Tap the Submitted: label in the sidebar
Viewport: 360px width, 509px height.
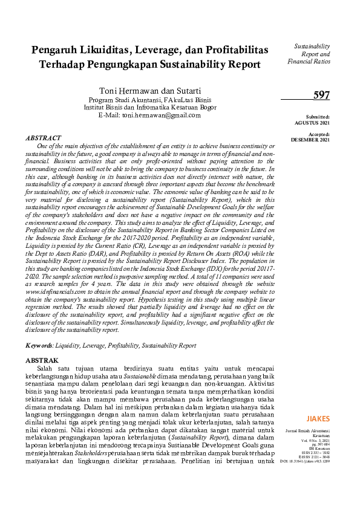point(318,117)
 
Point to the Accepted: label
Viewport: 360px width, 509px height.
point(319,134)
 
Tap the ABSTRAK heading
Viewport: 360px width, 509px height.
point(42,360)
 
